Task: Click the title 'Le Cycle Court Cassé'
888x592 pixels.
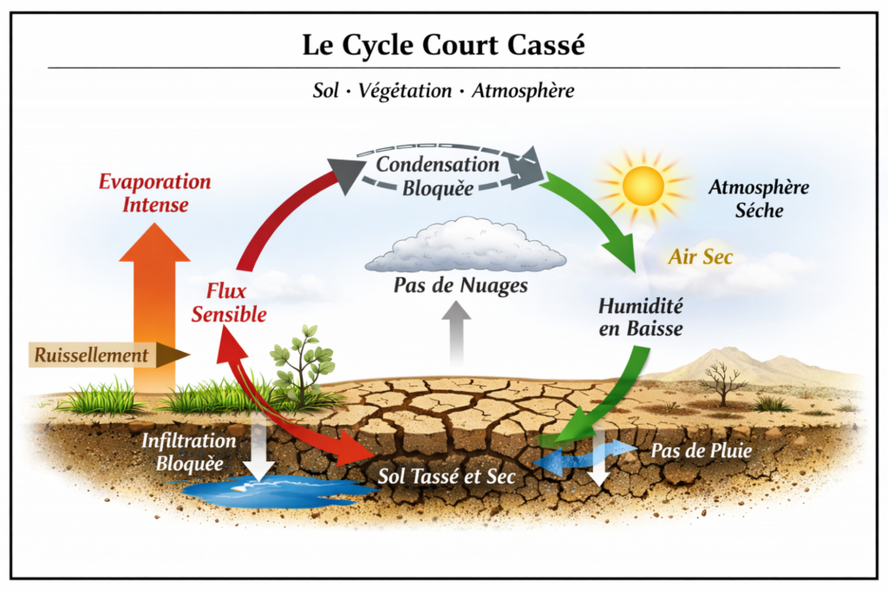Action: click(x=443, y=45)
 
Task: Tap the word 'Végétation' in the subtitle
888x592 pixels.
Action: click(x=405, y=90)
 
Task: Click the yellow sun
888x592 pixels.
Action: click(x=643, y=185)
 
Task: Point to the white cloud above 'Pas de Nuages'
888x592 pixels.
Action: click(x=466, y=247)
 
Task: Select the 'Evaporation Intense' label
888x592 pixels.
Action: click(x=154, y=193)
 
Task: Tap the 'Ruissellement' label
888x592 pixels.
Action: click(x=91, y=355)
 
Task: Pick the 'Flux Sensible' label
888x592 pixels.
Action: click(x=228, y=303)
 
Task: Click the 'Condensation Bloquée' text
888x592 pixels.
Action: click(x=438, y=176)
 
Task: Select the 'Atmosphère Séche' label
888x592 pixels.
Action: click(x=759, y=198)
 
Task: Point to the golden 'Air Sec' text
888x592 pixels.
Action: click(x=701, y=257)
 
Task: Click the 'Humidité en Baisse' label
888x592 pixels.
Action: click(x=641, y=317)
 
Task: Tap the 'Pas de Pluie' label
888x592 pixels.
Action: click(x=702, y=451)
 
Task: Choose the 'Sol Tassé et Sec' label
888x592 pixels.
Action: click(x=447, y=476)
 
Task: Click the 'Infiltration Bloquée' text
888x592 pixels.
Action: click(x=188, y=452)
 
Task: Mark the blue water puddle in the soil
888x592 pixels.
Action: click(x=271, y=490)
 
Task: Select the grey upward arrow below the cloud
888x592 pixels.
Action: click(x=456, y=334)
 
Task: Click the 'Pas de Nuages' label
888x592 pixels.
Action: click(x=460, y=286)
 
